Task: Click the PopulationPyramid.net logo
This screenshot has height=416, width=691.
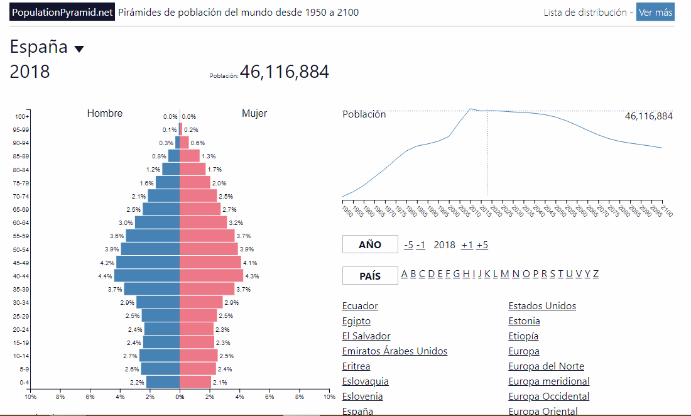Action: (62, 12)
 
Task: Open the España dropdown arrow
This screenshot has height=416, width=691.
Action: (79, 49)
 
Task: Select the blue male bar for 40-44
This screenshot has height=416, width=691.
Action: (147, 275)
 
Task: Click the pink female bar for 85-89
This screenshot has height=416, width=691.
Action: (190, 156)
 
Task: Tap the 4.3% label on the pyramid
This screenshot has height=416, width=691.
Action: (252, 276)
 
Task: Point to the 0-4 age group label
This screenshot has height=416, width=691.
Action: (23, 383)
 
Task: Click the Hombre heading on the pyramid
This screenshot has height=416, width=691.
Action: (105, 114)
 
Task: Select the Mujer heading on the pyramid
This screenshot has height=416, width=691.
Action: (254, 114)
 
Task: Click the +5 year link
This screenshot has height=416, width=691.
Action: (482, 245)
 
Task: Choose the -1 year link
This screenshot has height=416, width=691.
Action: (420, 245)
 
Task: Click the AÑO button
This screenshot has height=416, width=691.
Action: (370, 244)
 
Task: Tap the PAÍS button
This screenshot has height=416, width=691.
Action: (370, 276)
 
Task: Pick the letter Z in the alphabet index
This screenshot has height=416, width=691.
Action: (596, 274)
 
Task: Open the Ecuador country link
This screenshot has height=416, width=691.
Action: (360, 306)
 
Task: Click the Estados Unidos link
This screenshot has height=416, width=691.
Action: (541, 306)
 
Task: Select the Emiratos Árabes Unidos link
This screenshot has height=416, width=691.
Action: (394, 351)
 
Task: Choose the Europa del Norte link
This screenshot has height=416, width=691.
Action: (546, 366)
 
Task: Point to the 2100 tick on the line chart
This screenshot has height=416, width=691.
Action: (665, 212)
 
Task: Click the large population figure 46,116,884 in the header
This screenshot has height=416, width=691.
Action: (284, 72)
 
